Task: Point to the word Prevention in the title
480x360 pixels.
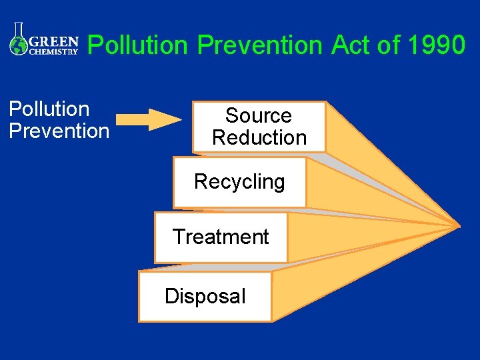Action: tap(261, 45)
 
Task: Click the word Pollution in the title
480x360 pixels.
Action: tap(139, 45)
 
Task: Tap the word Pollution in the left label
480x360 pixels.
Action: tap(49, 109)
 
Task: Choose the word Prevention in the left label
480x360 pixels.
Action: tap(59, 131)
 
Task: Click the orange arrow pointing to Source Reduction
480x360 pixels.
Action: tap(148, 119)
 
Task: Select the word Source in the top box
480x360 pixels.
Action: tap(259, 115)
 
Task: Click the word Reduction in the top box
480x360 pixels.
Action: tap(259, 137)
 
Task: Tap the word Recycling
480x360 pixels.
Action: tap(239, 181)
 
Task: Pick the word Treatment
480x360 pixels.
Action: tap(221, 237)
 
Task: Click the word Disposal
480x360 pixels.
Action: tap(205, 296)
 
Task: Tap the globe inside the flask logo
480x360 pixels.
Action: tap(18, 45)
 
